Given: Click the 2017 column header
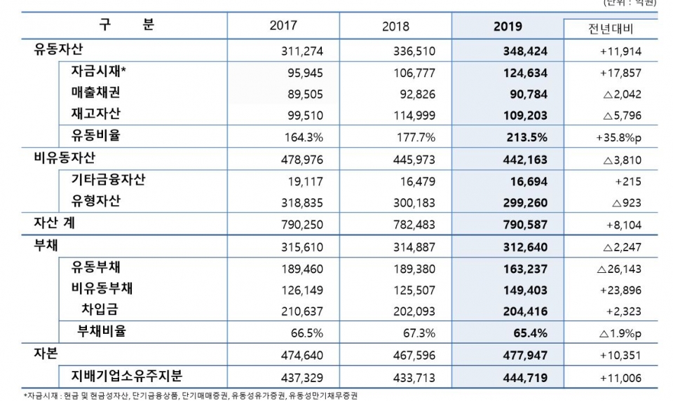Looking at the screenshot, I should pyautogui.click(x=283, y=26).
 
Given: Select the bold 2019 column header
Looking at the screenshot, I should pyautogui.click(x=508, y=27).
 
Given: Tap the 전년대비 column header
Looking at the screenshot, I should pyautogui.click(x=611, y=29).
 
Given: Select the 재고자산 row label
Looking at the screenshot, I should pyautogui.click(x=95, y=113).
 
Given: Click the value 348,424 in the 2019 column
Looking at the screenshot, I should pyautogui.click(x=525, y=51).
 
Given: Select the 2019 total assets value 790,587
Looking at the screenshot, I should pyautogui.click(x=525, y=225).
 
